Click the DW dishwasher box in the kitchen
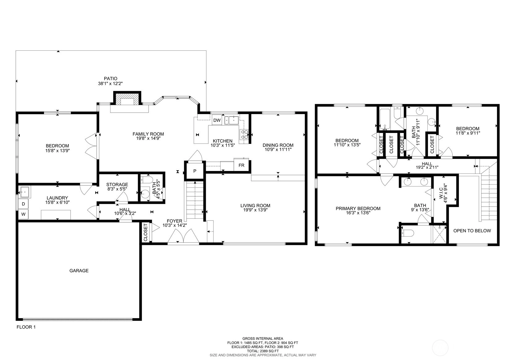pyautogui.click(x=217, y=120)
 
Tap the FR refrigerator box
pyautogui.click(x=241, y=165)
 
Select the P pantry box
pyautogui.click(x=195, y=171)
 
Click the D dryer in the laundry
pyautogui.click(x=23, y=204)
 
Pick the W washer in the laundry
pyautogui.click(x=23, y=214)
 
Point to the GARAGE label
pyautogui.click(x=79, y=271)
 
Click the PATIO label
pyautogui.click(x=111, y=79)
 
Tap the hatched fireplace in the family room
pyautogui.click(x=127, y=99)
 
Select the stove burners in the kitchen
pyautogui.click(x=244, y=134)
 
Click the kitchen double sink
pyautogui.click(x=231, y=120)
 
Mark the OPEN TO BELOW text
pyautogui.click(x=472, y=231)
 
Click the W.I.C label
pyautogui.click(x=441, y=193)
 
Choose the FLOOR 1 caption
pyautogui.click(x=26, y=327)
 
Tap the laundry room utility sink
pyautogui.click(x=24, y=192)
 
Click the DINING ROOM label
pyautogui.click(x=278, y=145)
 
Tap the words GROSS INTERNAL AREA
pyautogui.click(x=263, y=339)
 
